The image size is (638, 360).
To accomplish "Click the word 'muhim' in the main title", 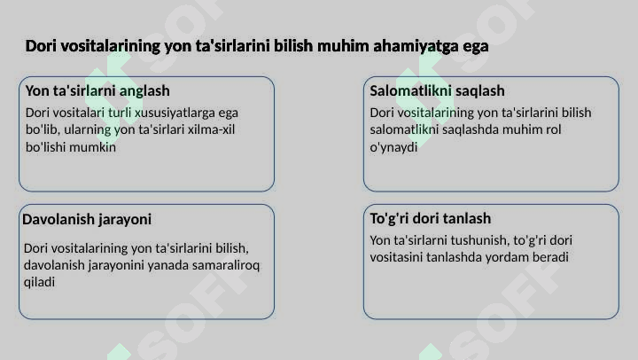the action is tap(343, 45).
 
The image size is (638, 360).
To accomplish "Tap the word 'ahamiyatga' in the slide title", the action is tap(416, 46).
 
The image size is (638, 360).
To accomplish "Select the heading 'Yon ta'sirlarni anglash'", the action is tap(97, 90).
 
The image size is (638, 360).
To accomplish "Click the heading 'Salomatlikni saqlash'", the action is tap(437, 90).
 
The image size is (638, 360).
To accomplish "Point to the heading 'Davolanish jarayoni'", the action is tap(87, 219).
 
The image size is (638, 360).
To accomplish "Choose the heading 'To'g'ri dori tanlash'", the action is tap(430, 219).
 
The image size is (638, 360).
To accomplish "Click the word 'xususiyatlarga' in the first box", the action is tap(175, 113).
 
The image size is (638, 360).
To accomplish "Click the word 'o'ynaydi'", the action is tap(393, 147).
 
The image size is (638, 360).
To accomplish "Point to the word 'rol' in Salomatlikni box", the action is tap(553, 129).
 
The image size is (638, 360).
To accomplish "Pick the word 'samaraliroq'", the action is tap(226, 265).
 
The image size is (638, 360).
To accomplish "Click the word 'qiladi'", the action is tap(39, 282).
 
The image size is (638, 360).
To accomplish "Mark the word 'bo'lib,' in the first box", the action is tap(43, 129).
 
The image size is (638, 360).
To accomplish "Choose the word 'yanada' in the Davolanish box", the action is tap(168, 265).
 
